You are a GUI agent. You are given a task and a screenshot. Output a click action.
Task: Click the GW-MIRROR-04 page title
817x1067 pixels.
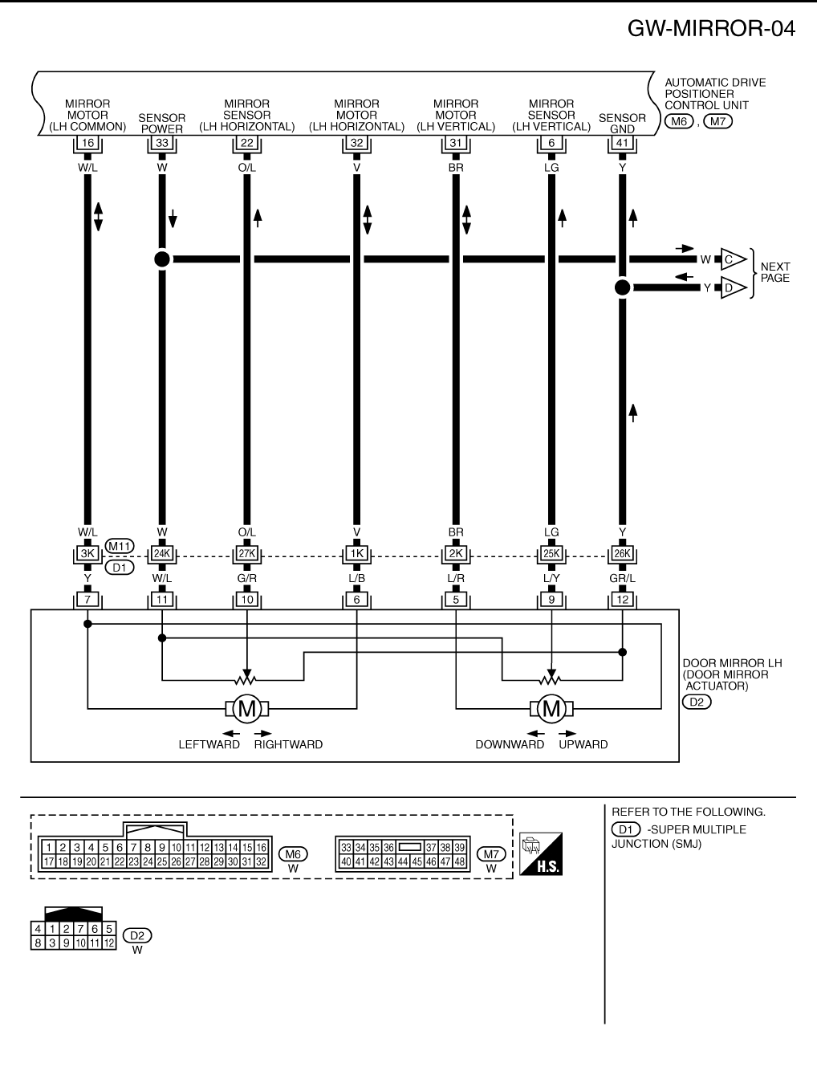711,29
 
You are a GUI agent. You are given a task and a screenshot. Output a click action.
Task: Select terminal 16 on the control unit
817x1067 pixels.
87,143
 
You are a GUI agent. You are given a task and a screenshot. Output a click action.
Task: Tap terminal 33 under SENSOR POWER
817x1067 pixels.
161,143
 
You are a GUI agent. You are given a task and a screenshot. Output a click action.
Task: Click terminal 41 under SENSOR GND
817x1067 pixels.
621,143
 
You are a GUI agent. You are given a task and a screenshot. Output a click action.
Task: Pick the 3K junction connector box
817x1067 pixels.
87,553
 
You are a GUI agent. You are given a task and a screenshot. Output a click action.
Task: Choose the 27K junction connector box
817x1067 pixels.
246,553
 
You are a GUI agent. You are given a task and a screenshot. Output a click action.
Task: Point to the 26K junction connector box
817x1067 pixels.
621,553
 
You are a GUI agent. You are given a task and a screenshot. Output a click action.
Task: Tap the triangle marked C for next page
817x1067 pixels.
732,259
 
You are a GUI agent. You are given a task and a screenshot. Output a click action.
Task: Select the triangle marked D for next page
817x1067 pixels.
732,287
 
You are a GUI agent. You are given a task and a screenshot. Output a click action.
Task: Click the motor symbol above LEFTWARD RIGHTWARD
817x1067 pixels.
247,708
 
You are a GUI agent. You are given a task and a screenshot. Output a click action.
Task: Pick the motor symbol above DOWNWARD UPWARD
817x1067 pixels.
551,708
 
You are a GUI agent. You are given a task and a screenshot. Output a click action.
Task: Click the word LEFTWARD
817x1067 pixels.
209,744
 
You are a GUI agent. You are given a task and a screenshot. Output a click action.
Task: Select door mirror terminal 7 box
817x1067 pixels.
87,599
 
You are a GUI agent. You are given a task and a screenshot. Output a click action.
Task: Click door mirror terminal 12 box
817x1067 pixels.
621,599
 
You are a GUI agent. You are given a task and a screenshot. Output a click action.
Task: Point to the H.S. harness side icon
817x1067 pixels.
541,853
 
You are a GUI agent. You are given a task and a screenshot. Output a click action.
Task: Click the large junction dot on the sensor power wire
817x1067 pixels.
161,259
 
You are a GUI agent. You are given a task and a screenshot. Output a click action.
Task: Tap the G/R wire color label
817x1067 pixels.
246,577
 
